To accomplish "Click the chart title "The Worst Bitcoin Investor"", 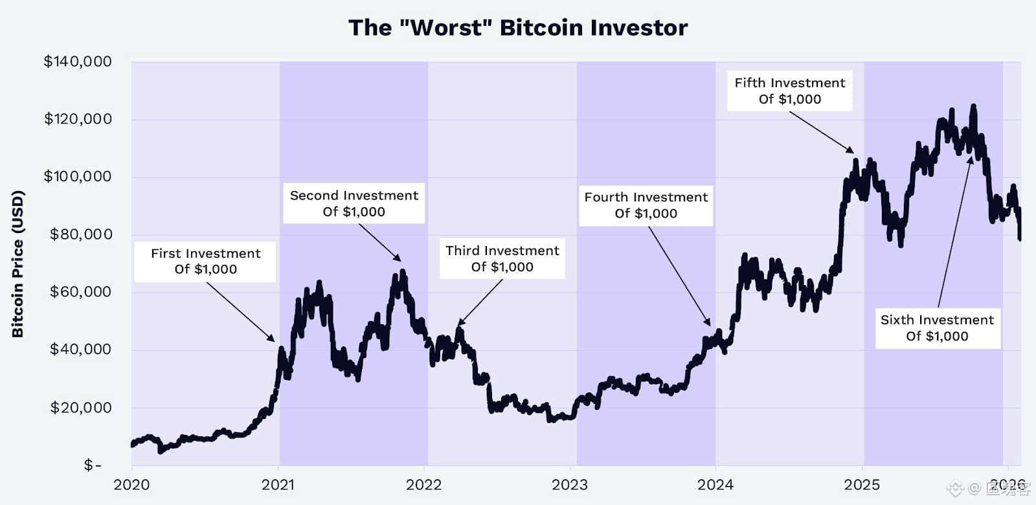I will click(x=518, y=28).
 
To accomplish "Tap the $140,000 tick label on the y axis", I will click(x=78, y=62).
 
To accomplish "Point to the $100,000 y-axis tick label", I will click(x=78, y=176).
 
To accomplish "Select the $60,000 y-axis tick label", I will click(x=81, y=292).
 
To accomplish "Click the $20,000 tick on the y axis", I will click(x=81, y=407).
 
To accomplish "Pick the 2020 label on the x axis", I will click(x=131, y=485).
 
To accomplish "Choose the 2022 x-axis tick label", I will click(x=424, y=485).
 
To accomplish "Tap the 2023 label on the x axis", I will click(x=570, y=485).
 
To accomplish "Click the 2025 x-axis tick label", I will click(x=862, y=485).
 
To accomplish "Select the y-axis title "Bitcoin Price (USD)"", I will click(x=18, y=264).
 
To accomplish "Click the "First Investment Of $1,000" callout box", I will click(x=205, y=262).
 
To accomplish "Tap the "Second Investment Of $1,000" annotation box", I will click(x=354, y=204).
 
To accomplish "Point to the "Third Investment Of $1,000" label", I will click(x=502, y=259).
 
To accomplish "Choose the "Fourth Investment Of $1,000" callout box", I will click(x=646, y=205).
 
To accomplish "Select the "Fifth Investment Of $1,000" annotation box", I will click(x=789, y=91).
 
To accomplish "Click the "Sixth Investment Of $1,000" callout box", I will click(x=937, y=328).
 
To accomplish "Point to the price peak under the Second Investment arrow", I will click(x=403, y=272).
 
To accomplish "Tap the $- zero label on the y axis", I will click(x=93, y=465).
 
